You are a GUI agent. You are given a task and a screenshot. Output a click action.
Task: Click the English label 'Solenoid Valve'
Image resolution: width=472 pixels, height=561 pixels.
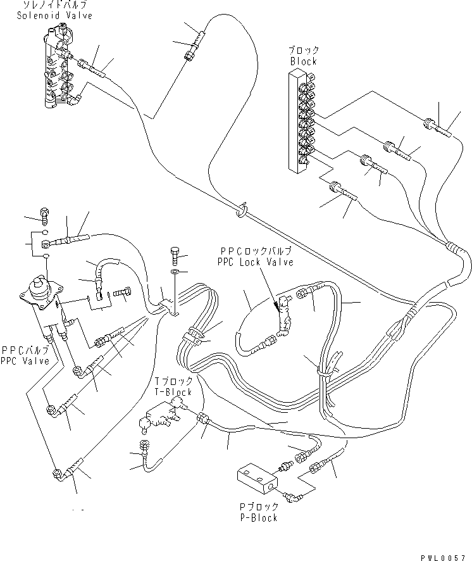tap(58, 15)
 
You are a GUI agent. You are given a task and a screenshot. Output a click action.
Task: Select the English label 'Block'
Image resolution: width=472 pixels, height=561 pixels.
tap(303, 61)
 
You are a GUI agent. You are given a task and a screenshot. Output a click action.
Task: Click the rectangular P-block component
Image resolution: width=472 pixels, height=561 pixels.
tap(256, 480)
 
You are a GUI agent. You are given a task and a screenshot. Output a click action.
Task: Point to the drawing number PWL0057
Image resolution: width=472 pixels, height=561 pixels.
tap(447, 555)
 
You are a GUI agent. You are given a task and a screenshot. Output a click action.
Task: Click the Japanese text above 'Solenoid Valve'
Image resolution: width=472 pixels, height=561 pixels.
tap(58, 5)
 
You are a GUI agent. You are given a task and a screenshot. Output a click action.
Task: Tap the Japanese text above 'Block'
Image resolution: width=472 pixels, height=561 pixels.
tap(304, 51)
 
